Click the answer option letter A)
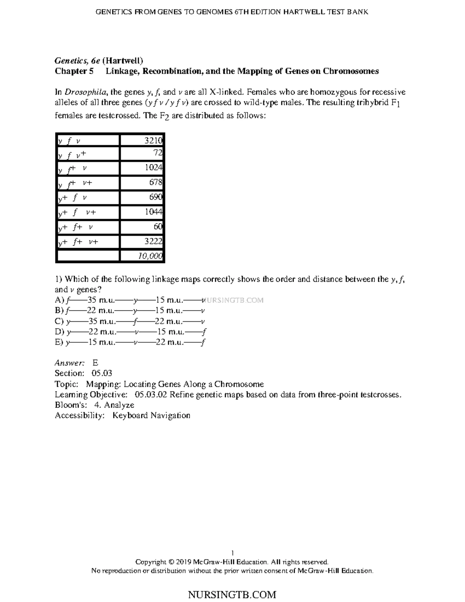pyautogui.click(x=59, y=300)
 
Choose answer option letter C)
pyautogui.click(x=59, y=321)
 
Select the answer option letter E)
pyautogui.click(x=59, y=342)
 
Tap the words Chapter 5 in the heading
pyautogui.click(x=74, y=71)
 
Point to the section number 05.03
pyautogui.click(x=102, y=373)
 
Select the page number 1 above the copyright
pyautogui.click(x=232, y=553)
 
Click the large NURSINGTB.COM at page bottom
pyautogui.click(x=232, y=595)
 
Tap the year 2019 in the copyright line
pyautogui.click(x=183, y=562)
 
